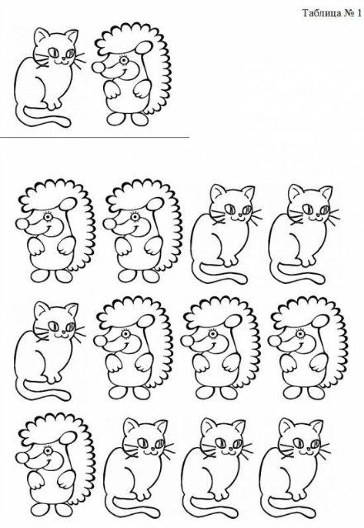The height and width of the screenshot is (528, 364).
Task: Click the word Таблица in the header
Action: click(322, 13)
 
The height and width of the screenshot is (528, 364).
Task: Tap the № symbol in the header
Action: click(349, 13)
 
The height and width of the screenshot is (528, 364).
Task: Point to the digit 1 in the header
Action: click(359, 13)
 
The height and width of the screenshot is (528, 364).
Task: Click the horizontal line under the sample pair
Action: click(94, 138)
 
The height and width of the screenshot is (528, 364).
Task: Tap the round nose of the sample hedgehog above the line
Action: click(98, 68)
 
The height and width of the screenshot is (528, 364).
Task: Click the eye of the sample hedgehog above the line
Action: click(124, 60)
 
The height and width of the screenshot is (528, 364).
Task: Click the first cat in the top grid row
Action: click(226, 234)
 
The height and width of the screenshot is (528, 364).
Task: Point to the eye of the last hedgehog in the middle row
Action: click(300, 334)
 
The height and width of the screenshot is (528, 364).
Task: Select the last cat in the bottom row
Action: click(295, 469)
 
